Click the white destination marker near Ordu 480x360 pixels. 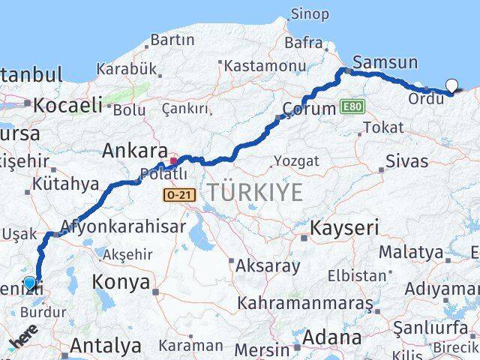point(452,85)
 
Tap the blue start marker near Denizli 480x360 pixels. point(29,283)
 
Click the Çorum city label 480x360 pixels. point(308,109)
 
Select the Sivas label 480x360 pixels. point(407,160)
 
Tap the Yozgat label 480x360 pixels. point(296,161)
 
